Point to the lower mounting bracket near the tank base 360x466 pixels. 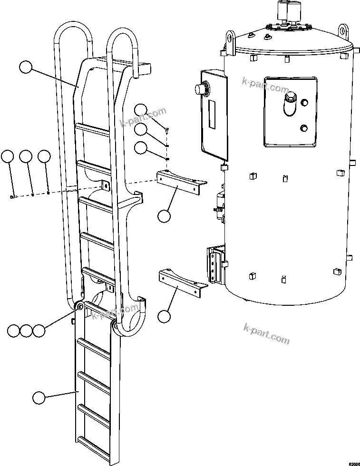click(181, 280)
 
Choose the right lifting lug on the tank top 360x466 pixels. click(342, 29)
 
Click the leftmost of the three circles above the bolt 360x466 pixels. click(7, 156)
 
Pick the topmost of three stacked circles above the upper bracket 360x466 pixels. click(141, 110)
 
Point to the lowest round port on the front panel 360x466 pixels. click(304, 128)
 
